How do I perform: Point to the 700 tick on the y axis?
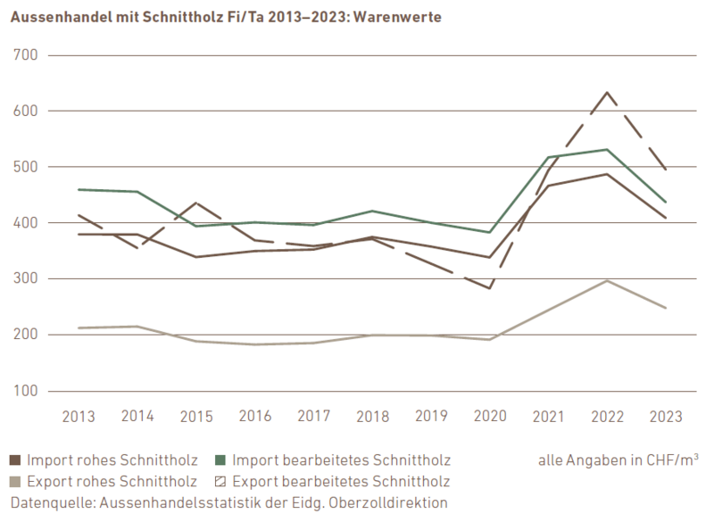point(28,55)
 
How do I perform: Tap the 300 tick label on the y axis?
point(28,278)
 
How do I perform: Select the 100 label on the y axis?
point(28,391)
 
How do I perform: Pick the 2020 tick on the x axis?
point(490,417)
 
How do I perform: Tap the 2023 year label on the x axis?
point(666,417)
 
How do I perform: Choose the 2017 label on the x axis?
point(313,417)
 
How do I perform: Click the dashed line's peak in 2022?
point(608,92)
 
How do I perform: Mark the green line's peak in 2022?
point(608,149)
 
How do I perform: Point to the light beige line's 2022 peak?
point(608,280)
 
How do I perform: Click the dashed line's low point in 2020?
point(490,288)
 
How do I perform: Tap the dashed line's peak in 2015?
point(195,203)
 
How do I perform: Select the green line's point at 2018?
point(372,211)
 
